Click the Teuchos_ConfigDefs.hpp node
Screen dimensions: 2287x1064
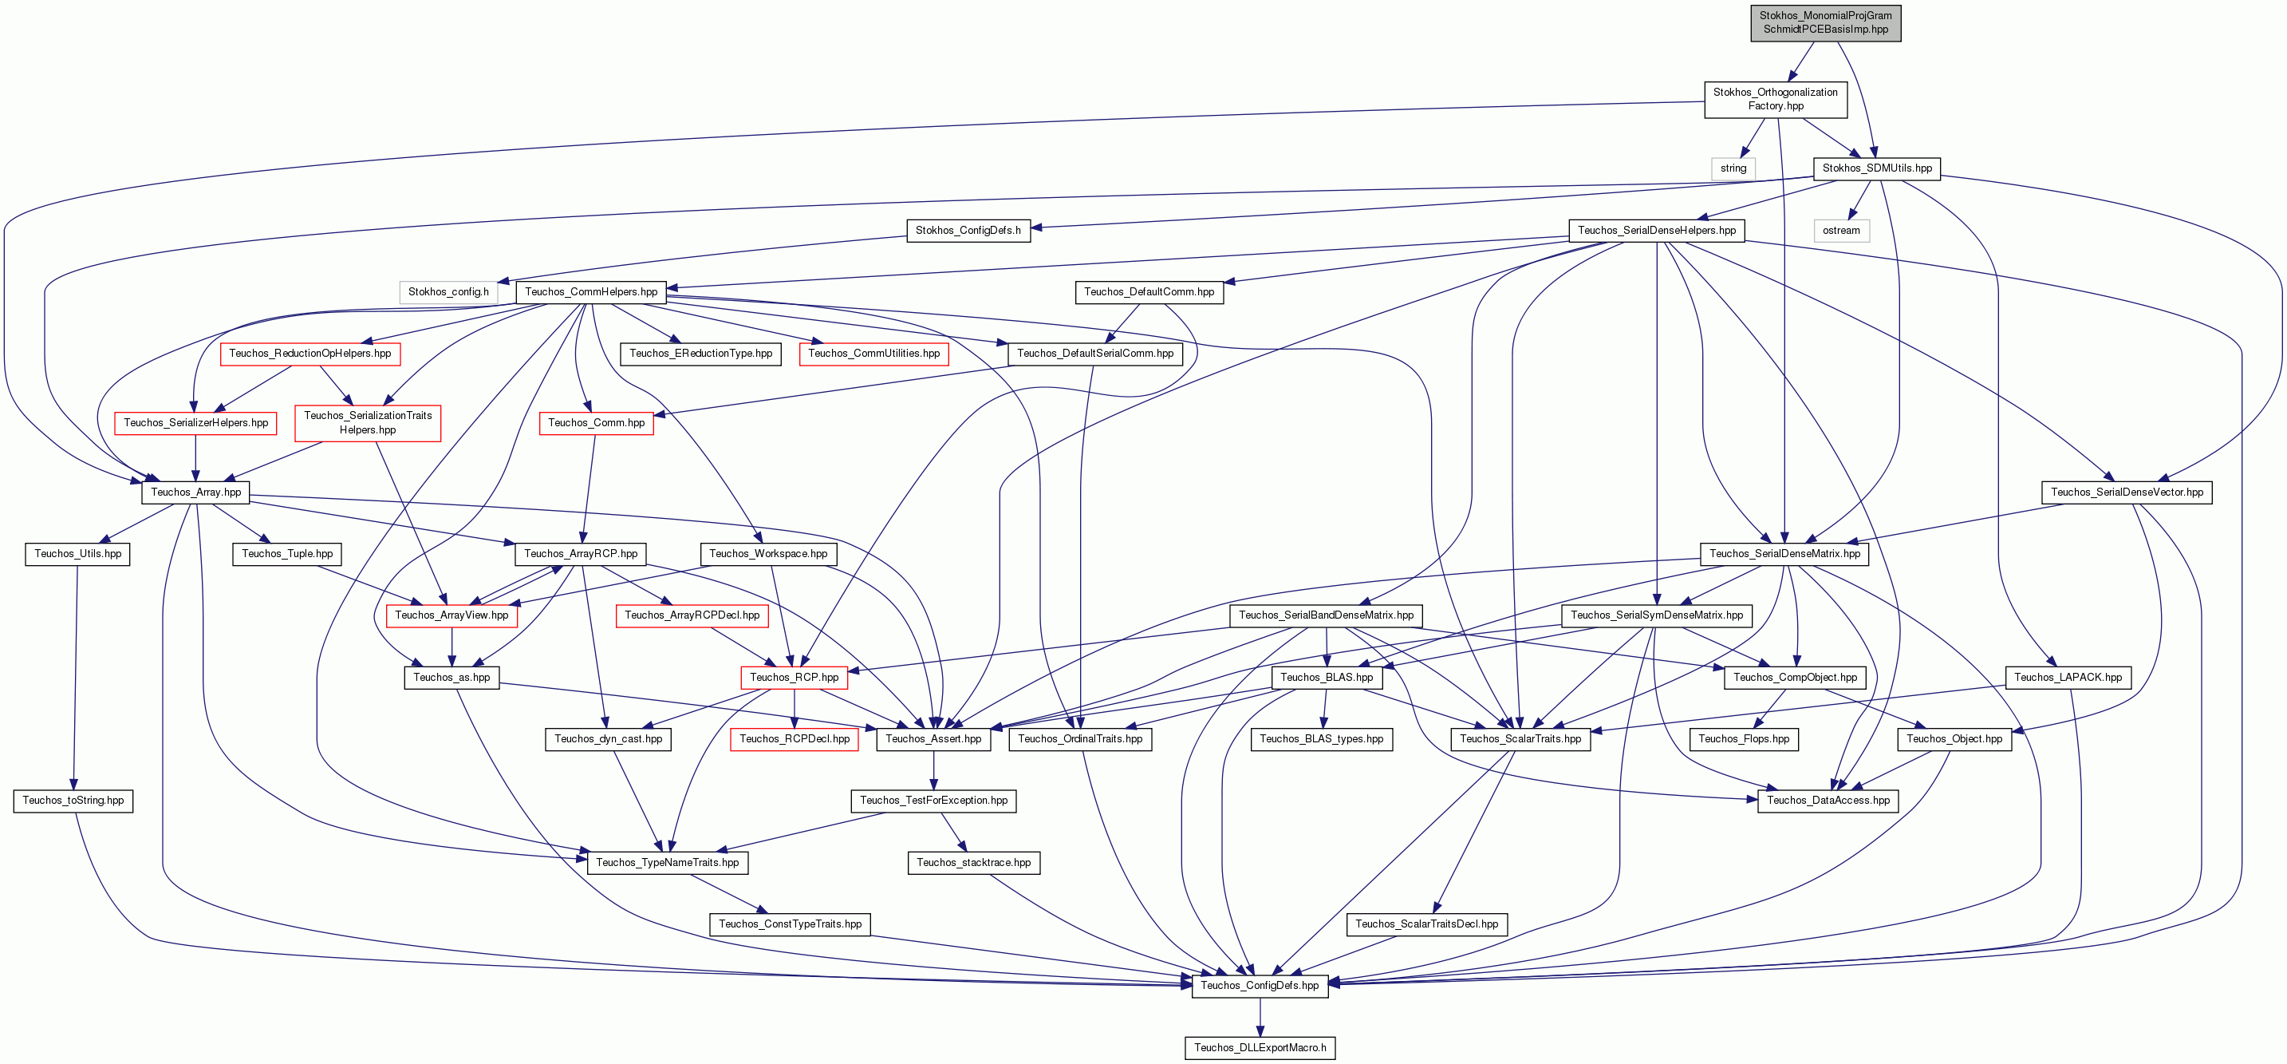tap(1260, 985)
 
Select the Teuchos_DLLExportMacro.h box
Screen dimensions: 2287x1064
tap(1260, 1047)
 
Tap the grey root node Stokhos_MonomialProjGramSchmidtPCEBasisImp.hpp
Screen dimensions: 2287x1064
tap(1825, 22)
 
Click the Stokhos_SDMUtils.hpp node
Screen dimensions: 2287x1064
tap(1877, 168)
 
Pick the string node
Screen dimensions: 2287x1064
tap(1733, 168)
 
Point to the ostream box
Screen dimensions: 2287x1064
tap(1841, 230)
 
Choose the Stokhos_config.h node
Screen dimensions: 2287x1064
tap(448, 291)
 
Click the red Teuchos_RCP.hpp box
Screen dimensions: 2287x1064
tap(794, 677)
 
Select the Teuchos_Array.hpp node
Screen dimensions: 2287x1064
tap(195, 492)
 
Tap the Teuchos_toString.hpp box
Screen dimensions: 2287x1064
tap(73, 801)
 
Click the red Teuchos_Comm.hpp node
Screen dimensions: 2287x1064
tap(597, 423)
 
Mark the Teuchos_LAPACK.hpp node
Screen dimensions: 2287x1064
tap(2068, 677)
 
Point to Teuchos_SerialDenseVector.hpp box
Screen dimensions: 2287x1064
tap(2127, 492)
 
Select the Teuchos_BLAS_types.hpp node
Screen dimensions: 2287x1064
tap(1321, 738)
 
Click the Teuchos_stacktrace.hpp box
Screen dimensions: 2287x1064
tap(973, 862)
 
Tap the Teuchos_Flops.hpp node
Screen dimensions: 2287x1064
tap(1744, 738)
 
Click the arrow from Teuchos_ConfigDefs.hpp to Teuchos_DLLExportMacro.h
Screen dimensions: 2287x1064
tap(1260, 1016)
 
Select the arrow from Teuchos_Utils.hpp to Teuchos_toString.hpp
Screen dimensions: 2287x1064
tap(76, 677)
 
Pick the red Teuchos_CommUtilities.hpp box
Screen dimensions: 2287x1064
tap(873, 354)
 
